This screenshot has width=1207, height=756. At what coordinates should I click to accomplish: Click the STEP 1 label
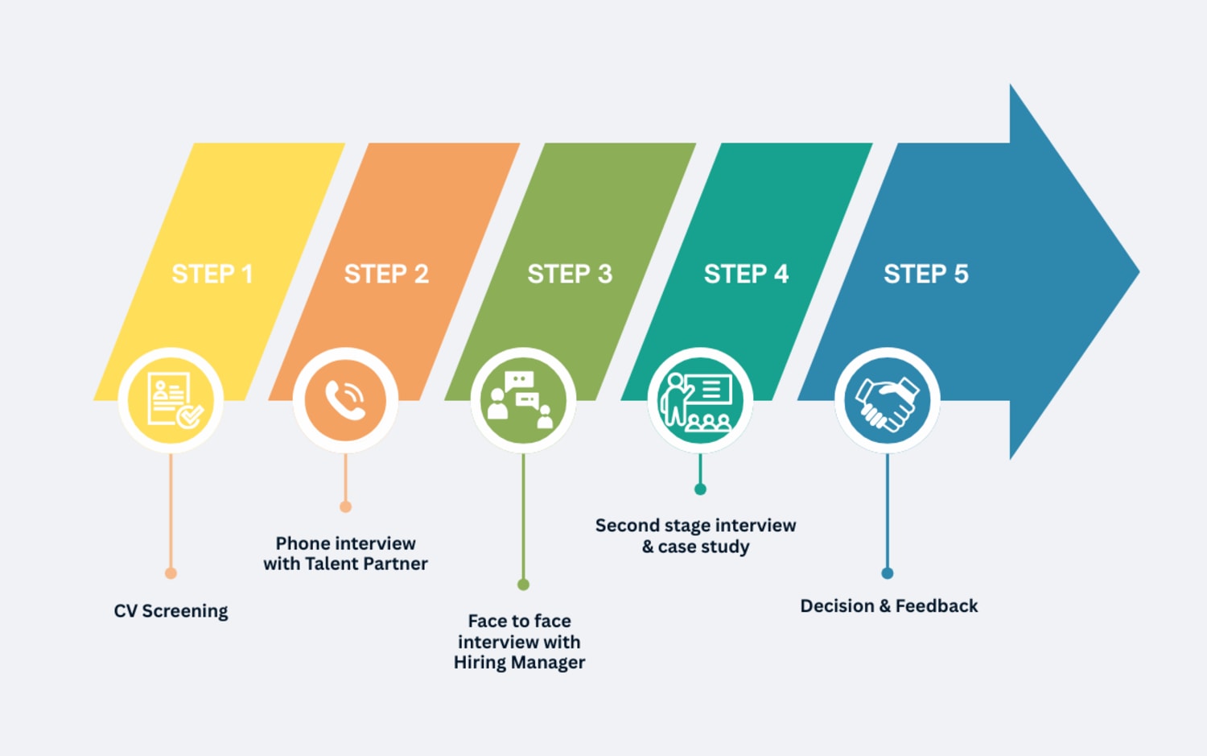[x=212, y=275]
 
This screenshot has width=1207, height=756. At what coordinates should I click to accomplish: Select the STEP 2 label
[x=386, y=275]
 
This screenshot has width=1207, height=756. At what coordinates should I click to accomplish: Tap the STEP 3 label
[x=570, y=275]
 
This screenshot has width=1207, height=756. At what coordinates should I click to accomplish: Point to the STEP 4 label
[x=746, y=275]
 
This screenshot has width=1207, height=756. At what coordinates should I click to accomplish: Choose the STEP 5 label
[x=926, y=275]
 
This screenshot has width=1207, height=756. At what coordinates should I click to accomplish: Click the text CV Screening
[x=171, y=611]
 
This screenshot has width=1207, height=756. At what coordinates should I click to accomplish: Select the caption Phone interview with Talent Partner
[x=345, y=554]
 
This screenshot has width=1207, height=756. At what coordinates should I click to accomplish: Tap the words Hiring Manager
[x=519, y=663]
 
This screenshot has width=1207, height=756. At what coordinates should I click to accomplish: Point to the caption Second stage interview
[x=695, y=526]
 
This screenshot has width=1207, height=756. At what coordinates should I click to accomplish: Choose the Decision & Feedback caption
[x=888, y=606]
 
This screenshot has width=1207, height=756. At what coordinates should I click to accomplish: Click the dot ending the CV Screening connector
[x=171, y=573]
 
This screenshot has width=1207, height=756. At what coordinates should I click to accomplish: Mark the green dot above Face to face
[x=523, y=585]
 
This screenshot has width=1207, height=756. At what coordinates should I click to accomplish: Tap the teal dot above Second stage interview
[x=700, y=490]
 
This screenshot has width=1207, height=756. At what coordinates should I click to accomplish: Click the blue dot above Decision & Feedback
[x=887, y=573]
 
